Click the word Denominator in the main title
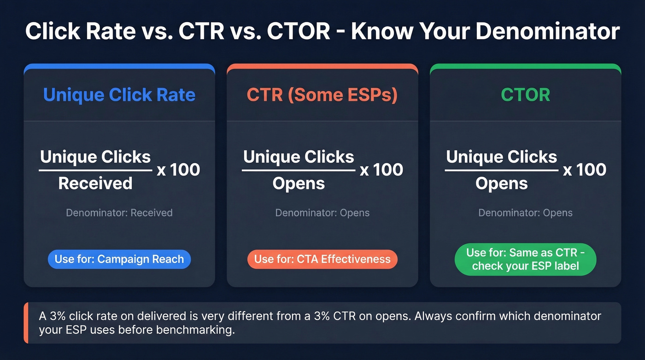(548, 31)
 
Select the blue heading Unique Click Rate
(119, 95)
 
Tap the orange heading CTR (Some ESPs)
(322, 95)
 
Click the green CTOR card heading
(525, 95)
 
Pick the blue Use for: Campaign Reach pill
(119, 259)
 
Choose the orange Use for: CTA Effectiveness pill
(322, 259)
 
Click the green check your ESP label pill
(525, 259)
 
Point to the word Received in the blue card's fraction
(95, 183)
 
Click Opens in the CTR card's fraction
(299, 183)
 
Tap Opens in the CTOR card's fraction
(502, 183)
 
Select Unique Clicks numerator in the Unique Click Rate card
(95, 157)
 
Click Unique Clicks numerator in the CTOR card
(502, 157)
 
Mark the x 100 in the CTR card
(381, 170)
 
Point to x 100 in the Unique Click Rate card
(178, 170)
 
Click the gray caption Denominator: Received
(119, 213)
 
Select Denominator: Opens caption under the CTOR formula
(525, 213)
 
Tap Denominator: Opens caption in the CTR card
(322, 213)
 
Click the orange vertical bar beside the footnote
(26, 323)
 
